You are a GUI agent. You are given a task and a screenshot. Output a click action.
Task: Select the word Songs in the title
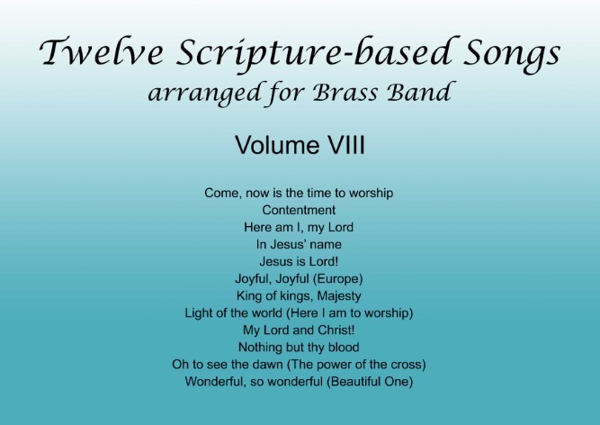513,54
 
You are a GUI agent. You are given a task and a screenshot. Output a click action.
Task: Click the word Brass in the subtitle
345,92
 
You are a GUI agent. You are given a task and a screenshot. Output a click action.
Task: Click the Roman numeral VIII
345,145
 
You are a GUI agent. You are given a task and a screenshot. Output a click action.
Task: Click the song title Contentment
299,210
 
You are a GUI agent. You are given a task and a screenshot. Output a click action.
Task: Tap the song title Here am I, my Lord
299,228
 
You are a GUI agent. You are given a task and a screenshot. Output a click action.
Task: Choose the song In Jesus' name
299,244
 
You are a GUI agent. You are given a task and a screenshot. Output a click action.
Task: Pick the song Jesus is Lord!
299,261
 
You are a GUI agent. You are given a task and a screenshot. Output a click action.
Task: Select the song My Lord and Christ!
299,330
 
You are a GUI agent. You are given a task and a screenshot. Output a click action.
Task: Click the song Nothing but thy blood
299,348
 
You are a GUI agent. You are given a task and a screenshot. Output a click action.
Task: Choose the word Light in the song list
197,313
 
